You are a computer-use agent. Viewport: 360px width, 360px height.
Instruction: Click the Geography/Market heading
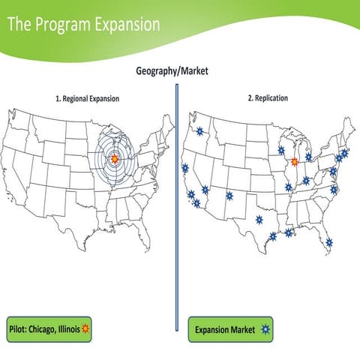click(x=172, y=71)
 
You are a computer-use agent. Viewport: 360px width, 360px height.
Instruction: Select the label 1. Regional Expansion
click(x=87, y=98)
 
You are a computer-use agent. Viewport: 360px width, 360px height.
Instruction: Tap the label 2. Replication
click(x=267, y=97)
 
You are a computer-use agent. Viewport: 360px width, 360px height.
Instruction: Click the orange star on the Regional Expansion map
click(x=114, y=158)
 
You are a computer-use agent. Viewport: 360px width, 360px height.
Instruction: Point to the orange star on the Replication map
click(x=295, y=161)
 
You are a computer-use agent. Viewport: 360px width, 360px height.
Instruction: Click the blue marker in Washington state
click(x=199, y=131)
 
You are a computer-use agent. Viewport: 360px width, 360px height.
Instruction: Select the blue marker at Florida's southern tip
click(x=329, y=241)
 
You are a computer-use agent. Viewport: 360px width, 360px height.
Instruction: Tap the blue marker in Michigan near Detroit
click(x=308, y=157)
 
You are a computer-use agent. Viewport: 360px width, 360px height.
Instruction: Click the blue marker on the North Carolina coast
click(x=334, y=190)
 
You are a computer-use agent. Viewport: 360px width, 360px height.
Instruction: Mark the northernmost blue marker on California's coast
click(x=185, y=168)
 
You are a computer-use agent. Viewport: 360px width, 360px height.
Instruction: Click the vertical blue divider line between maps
click(x=177, y=202)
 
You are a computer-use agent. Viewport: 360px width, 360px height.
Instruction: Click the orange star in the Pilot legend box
click(x=85, y=329)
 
